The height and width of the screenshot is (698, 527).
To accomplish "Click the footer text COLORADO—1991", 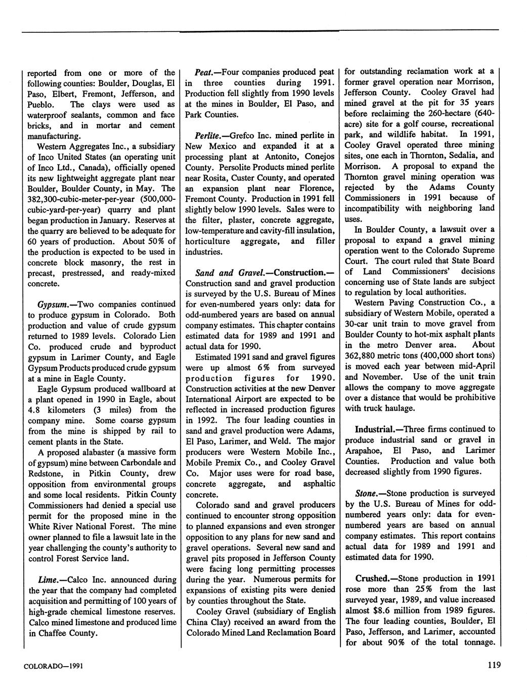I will (54, 666).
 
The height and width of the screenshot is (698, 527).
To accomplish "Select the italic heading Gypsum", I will (53, 304).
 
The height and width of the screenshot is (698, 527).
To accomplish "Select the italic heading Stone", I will (365, 493).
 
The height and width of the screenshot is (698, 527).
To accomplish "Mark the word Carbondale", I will (146, 462).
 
